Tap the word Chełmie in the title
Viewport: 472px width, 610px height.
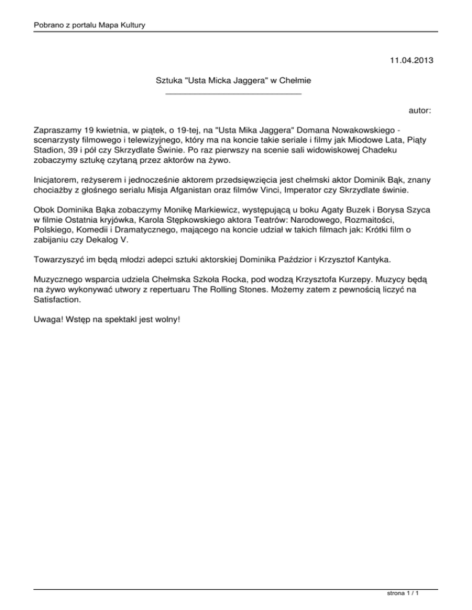coord(296,80)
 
